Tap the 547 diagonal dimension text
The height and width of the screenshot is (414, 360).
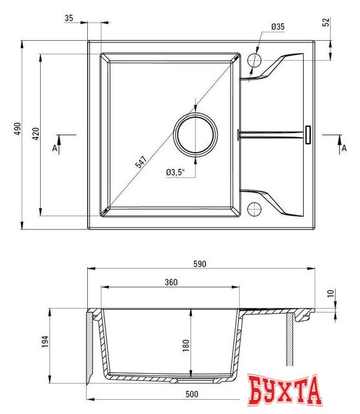(141, 162)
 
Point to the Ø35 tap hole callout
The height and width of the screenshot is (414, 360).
(278, 27)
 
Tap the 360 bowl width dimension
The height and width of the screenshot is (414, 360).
(171, 283)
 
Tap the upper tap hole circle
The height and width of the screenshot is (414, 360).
(255, 60)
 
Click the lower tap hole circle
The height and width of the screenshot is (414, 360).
(255, 208)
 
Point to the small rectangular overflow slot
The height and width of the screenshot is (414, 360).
(308, 134)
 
